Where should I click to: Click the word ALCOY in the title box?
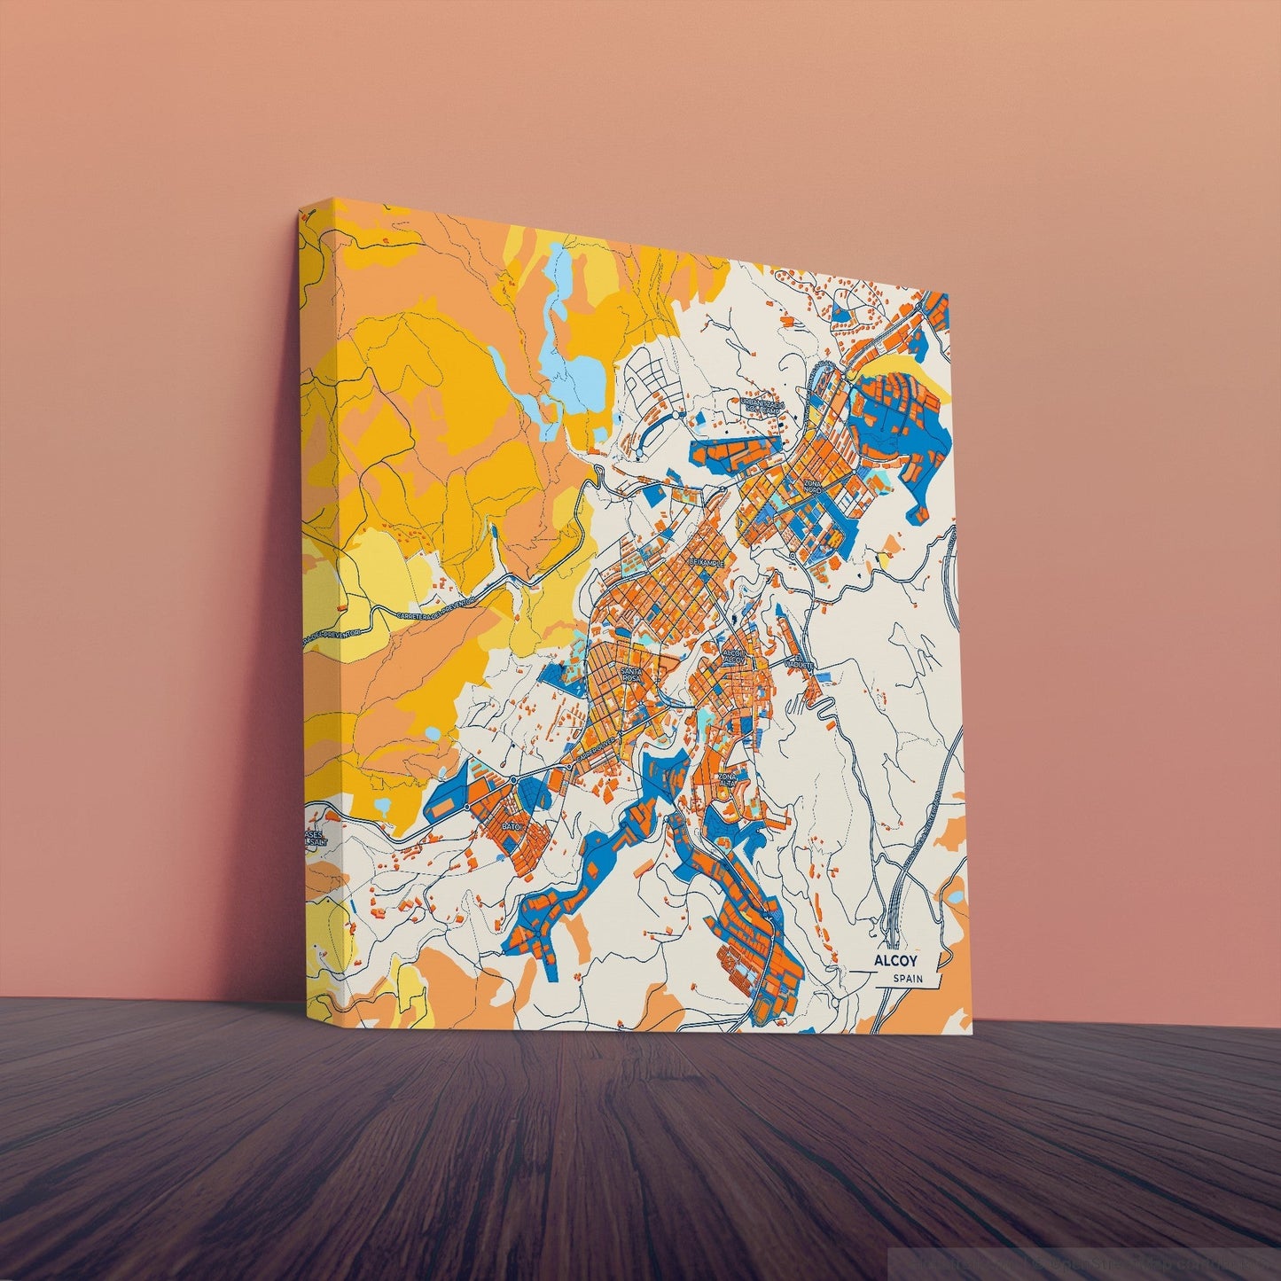pyautogui.click(x=896, y=961)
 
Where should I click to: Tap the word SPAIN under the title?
pyautogui.click(x=909, y=979)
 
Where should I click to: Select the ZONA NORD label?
pyautogui.click(x=813, y=487)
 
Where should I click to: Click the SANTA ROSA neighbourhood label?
pyautogui.click(x=631, y=675)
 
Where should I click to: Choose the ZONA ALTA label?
pyautogui.click(x=727, y=778)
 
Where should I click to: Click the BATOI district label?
pyautogui.click(x=512, y=825)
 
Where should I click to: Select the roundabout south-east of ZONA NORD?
pyautogui.click(x=793, y=556)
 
